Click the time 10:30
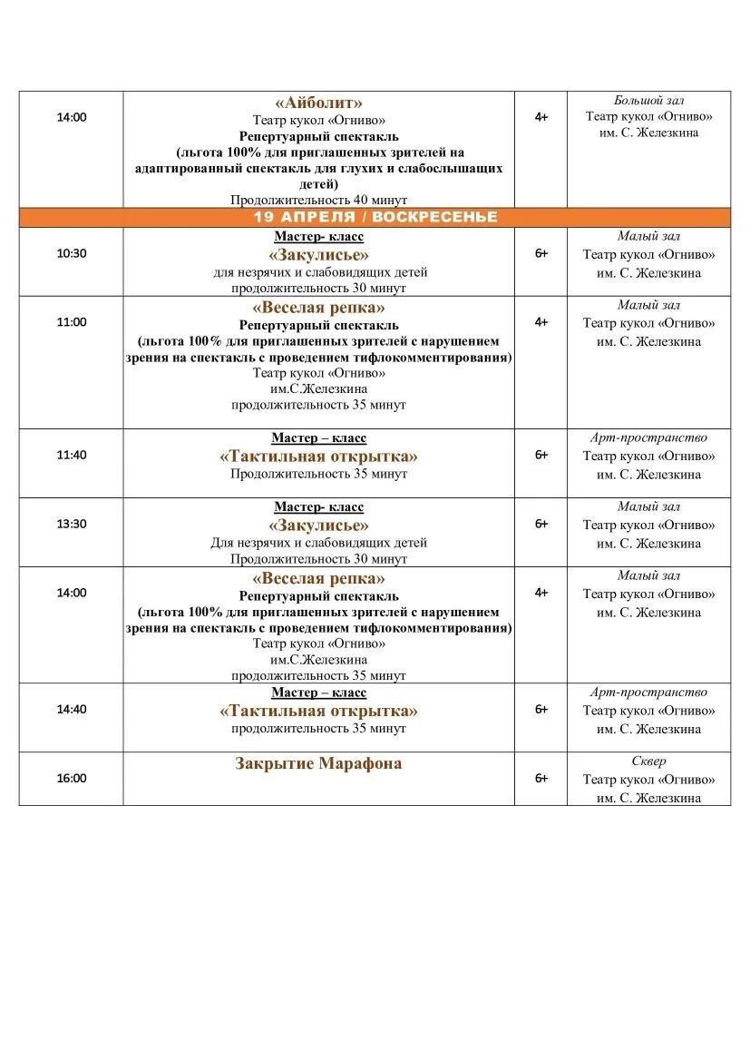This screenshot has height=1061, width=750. [71, 253]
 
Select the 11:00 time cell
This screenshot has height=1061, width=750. [71, 322]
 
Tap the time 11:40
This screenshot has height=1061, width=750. [71, 455]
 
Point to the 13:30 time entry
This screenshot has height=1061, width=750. [71, 524]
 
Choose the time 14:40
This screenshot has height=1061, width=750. [71, 709]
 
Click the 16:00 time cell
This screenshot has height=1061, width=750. [71, 778]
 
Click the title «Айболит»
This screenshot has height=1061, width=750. [318, 103]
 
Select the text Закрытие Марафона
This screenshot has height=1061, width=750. [318, 763]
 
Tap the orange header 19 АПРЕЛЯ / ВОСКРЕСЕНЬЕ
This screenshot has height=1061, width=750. [375, 217]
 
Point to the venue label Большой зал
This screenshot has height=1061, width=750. [648, 99]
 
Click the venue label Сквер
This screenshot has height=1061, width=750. [648, 761]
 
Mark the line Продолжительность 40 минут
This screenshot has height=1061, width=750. [318, 200]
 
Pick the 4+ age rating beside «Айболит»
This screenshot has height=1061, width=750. [541, 117]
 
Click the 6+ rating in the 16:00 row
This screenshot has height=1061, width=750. [541, 778]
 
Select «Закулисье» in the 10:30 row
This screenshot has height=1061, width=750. [318, 255]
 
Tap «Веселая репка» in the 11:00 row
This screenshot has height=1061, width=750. [318, 307]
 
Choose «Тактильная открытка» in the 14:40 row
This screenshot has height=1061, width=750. [318, 711]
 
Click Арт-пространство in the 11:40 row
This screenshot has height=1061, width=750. [648, 437]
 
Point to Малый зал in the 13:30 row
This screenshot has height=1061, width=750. [648, 506]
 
